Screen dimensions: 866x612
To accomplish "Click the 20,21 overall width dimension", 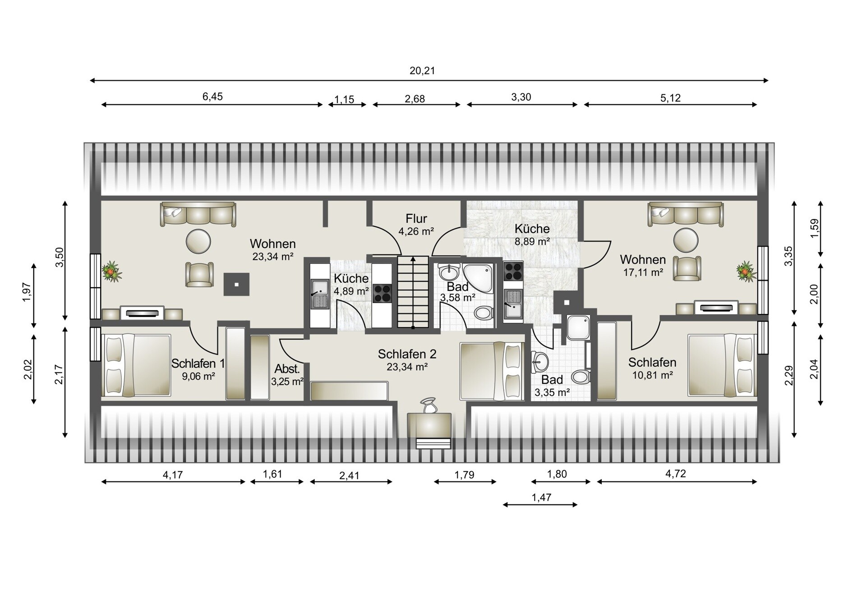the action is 422,71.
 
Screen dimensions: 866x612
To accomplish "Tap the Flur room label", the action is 416,219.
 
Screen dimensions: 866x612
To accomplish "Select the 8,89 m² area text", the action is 532,241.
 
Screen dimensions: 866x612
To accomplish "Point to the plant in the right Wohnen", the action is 746,271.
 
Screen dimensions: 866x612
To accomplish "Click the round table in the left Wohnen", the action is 198,241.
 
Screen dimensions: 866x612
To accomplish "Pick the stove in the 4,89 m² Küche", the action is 382,293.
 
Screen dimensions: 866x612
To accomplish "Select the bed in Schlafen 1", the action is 136,365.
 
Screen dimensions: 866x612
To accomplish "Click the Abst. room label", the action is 287,369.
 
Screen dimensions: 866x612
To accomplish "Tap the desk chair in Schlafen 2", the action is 428,405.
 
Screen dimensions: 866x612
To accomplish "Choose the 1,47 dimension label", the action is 542,497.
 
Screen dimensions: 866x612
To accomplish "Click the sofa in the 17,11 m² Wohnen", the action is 686,214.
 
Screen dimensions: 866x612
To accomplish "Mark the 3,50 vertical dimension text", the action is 60,257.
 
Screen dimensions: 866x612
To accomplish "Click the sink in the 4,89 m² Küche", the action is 320,294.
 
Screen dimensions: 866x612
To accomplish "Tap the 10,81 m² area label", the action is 653,375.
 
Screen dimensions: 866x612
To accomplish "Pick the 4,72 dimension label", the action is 676,474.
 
